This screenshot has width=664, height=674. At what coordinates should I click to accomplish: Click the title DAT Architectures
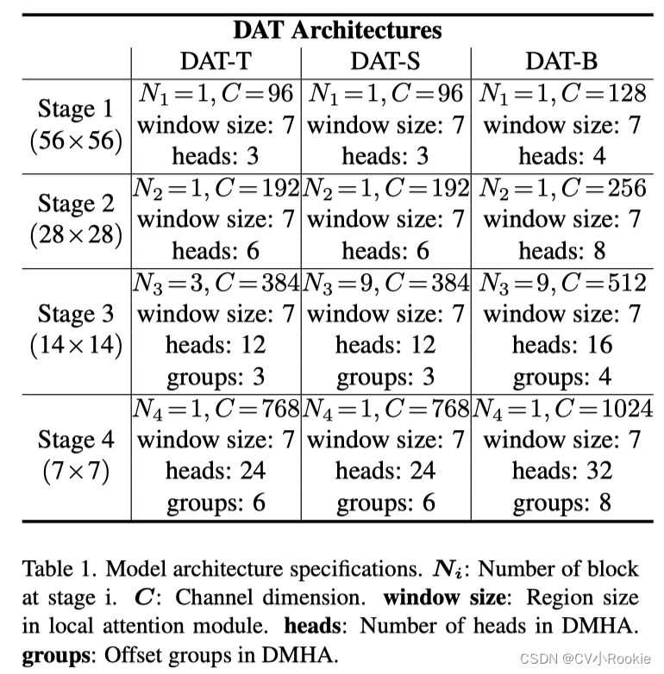337,30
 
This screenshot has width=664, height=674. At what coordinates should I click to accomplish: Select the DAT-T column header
216,61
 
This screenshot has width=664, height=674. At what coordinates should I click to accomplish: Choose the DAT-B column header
561,61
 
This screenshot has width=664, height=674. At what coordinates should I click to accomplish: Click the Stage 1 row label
76,109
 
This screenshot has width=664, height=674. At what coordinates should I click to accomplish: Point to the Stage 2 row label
76,204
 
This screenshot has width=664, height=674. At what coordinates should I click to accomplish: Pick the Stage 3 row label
76,314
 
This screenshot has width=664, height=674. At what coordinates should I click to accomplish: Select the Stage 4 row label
76,440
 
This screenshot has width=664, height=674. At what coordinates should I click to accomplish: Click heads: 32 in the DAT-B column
561,471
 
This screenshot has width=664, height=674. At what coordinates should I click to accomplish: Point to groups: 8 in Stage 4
561,502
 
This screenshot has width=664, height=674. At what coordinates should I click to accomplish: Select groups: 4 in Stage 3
561,377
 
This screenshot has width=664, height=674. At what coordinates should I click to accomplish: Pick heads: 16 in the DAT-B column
561,346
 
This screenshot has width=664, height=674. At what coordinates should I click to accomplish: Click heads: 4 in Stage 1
561,156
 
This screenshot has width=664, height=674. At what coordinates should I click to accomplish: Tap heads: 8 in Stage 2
561,251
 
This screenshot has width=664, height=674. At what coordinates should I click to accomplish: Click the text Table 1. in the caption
53,569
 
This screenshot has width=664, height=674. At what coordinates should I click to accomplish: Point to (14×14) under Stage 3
76,346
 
